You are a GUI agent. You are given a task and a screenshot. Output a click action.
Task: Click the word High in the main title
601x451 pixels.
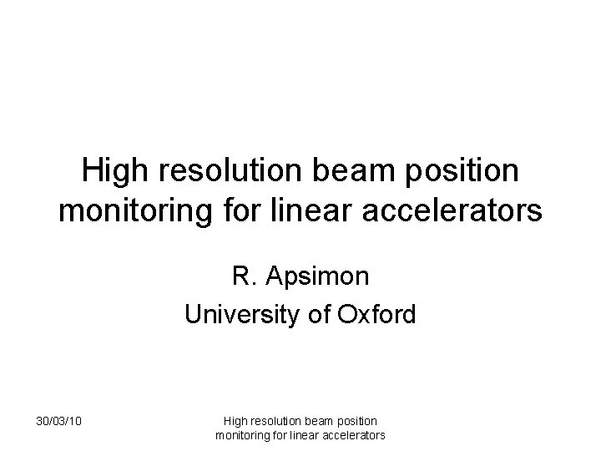[114, 171]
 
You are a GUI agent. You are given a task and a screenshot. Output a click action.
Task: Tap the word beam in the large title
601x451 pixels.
[346, 171]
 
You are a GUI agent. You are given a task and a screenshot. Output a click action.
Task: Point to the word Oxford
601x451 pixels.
[376, 315]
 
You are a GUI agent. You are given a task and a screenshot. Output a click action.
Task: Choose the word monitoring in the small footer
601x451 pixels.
[241, 435]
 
